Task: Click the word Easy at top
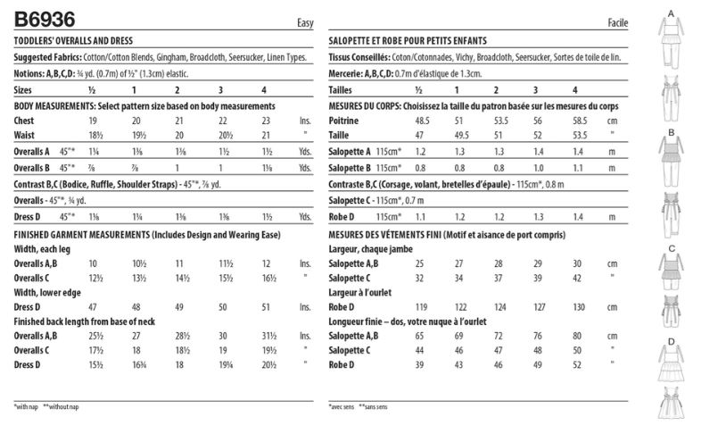point(304,21)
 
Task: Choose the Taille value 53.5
point(575,133)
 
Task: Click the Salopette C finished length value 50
point(575,351)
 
